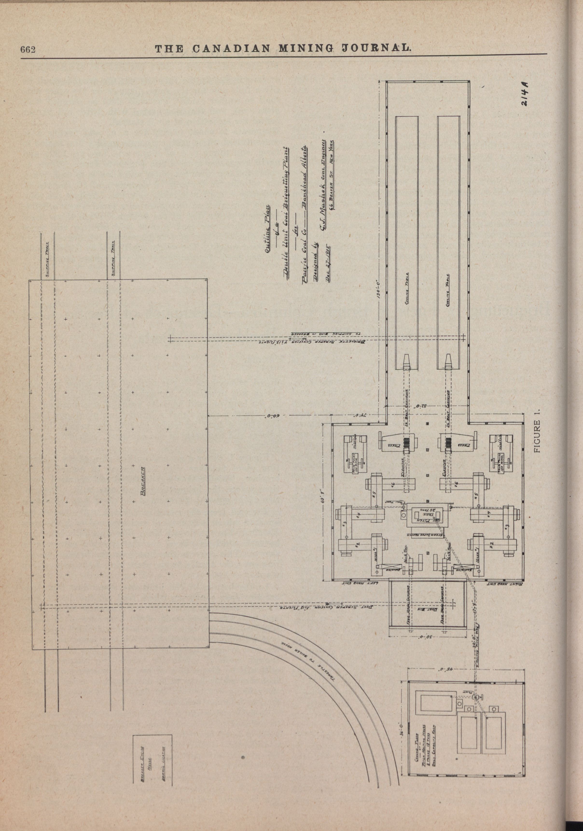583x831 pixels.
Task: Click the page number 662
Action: tap(27, 50)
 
